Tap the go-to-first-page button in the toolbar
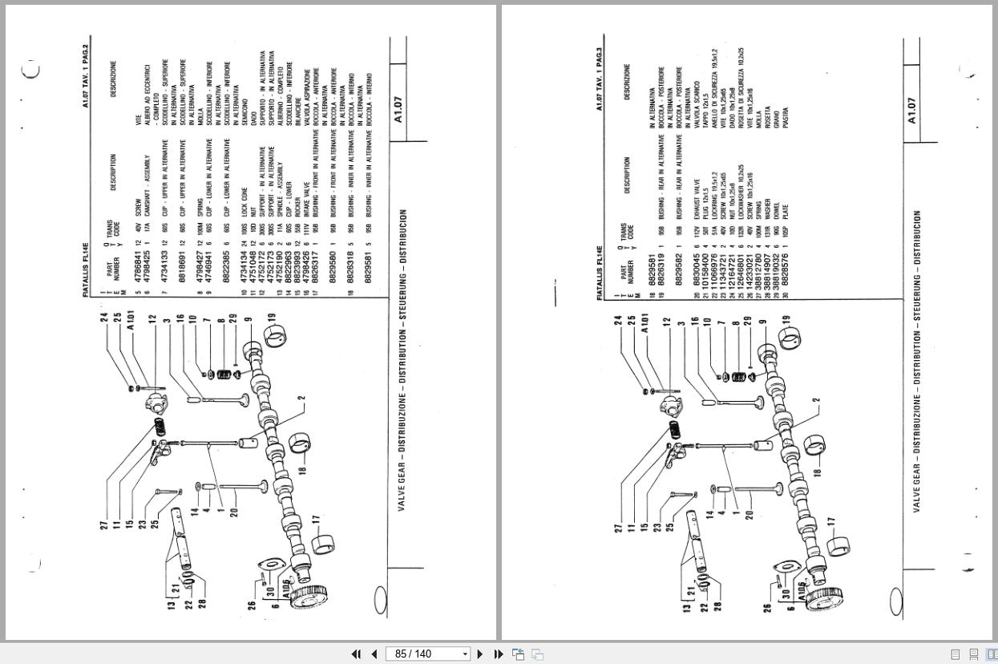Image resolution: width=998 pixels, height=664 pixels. point(356,654)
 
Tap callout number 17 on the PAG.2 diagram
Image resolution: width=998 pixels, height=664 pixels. point(317,519)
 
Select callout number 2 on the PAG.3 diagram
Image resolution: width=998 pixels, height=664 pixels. point(816,400)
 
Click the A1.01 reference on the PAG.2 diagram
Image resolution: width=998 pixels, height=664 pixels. point(131,326)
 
